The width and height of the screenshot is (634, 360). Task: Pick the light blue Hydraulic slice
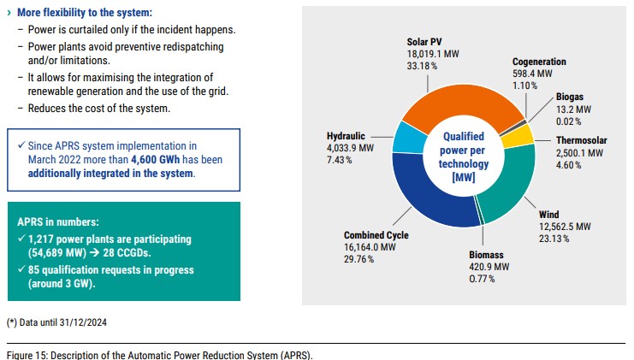click(410, 136)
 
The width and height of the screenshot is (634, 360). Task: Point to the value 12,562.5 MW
click(565, 226)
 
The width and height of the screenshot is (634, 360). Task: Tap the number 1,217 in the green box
click(44, 239)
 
